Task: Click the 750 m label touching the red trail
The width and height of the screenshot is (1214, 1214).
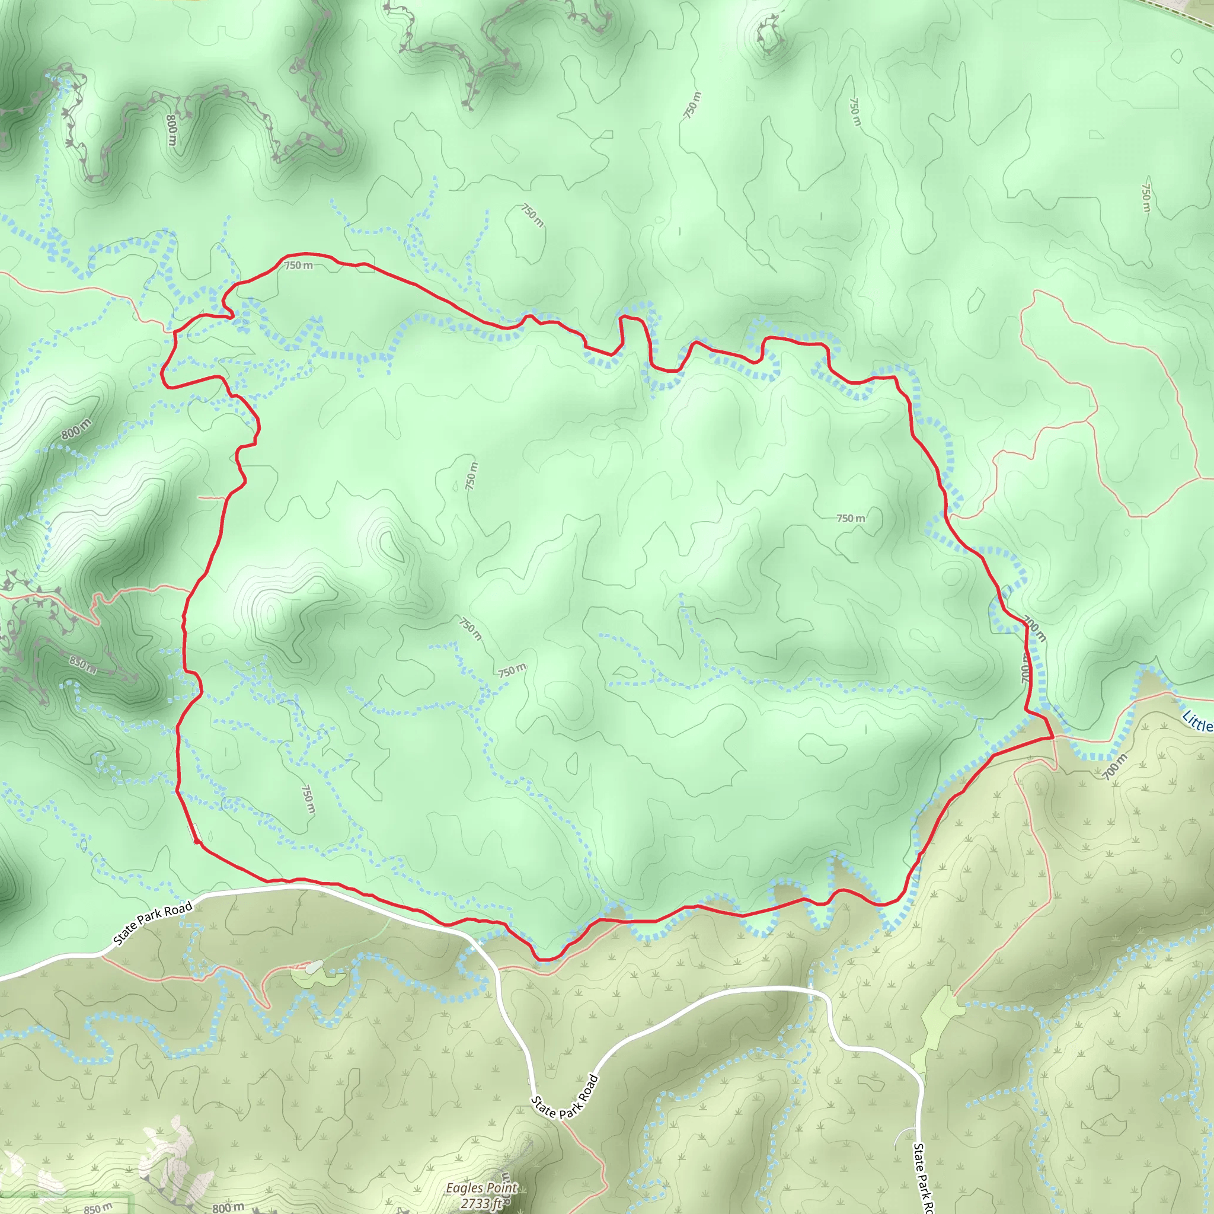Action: (x=299, y=266)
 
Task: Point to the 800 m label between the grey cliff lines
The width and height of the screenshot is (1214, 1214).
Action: (x=171, y=129)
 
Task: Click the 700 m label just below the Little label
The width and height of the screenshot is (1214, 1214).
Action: (x=1114, y=767)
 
